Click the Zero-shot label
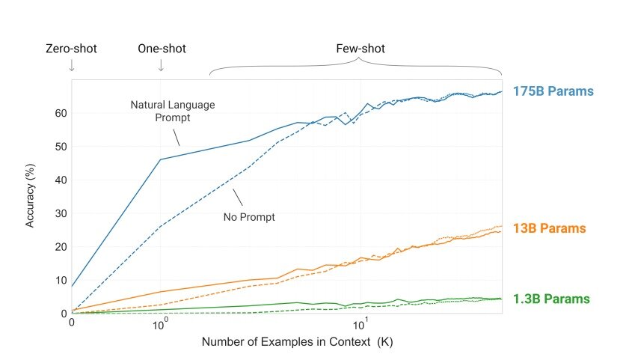tap(72, 49)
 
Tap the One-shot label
tap(162, 49)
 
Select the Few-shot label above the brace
tap(360, 49)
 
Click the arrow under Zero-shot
tap(72, 66)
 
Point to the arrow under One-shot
tap(161, 66)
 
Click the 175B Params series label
tap(553, 91)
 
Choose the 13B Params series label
tap(549, 228)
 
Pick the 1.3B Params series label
tap(551, 299)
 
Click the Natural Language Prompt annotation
tap(173, 111)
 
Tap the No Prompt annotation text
tap(249, 217)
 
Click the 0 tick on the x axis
tap(72, 323)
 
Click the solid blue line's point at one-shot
tap(160, 159)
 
